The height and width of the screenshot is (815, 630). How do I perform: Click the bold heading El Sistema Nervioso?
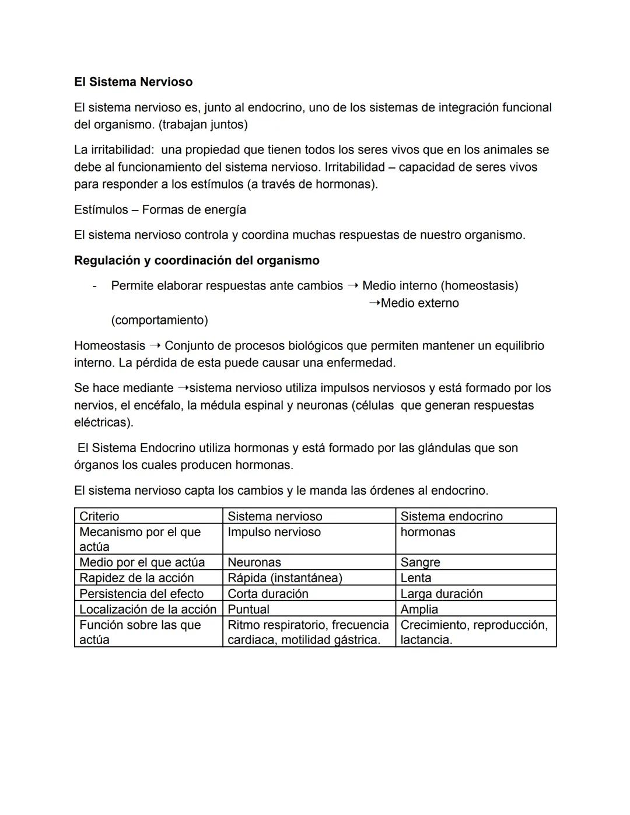click(133, 82)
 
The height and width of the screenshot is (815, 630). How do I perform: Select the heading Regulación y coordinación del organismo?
click(197, 261)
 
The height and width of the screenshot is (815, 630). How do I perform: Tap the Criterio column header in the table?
click(99, 516)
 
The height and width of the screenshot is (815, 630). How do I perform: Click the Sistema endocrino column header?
click(451, 516)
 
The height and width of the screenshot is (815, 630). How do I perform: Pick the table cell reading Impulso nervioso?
click(274, 532)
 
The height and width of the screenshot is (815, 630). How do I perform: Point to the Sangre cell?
click(420, 562)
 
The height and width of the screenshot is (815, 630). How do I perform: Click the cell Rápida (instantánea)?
click(285, 578)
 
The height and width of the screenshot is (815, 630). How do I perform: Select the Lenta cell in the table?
click(416, 578)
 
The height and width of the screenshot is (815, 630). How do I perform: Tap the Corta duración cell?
click(268, 594)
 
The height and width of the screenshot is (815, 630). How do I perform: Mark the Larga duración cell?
click(442, 594)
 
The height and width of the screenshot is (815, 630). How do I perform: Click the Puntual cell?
click(249, 610)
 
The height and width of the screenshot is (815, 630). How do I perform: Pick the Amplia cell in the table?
click(419, 610)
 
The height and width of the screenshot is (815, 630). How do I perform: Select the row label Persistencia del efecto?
click(141, 594)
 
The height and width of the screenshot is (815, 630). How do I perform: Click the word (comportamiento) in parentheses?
click(159, 320)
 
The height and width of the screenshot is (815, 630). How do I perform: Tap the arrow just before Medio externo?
click(374, 303)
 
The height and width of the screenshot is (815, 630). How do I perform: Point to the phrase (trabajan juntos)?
click(203, 125)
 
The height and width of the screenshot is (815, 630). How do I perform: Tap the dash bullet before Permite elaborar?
click(94, 286)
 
